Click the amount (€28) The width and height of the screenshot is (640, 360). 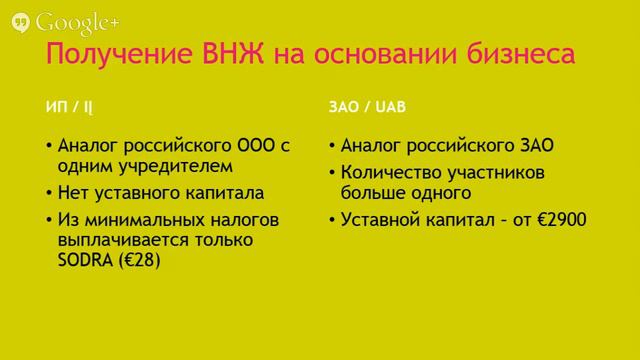pyautogui.click(x=140, y=261)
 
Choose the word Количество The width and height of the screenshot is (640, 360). pyautogui.click(x=390, y=172)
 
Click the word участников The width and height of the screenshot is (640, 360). pyautogui.click(x=495, y=172)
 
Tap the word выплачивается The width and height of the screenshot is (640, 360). pyautogui.click(x=119, y=240)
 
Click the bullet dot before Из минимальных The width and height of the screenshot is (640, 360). pyautogui.click(x=48, y=220)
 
